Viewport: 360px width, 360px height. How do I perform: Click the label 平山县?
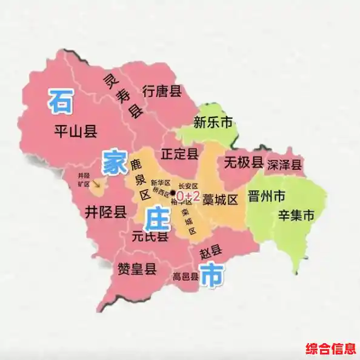coord(75,130)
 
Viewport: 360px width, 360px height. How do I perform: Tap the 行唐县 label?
coord(162,92)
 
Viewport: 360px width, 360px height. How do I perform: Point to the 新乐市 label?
coord(213,122)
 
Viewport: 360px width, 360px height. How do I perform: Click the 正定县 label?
coord(180,153)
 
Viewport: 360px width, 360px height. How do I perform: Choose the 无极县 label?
coord(244,162)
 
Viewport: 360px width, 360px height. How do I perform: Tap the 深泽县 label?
coord(284,164)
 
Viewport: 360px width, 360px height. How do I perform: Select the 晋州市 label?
coord(267,196)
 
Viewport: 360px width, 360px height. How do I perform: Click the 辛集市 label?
coord(296,215)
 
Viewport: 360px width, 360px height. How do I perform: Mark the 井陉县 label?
coord(106,212)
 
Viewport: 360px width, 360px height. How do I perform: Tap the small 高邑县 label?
coord(185,277)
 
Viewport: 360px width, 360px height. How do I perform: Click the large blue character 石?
coord(61,101)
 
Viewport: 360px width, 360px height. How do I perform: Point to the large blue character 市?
coord(211,275)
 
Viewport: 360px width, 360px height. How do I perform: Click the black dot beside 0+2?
coord(173,194)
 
